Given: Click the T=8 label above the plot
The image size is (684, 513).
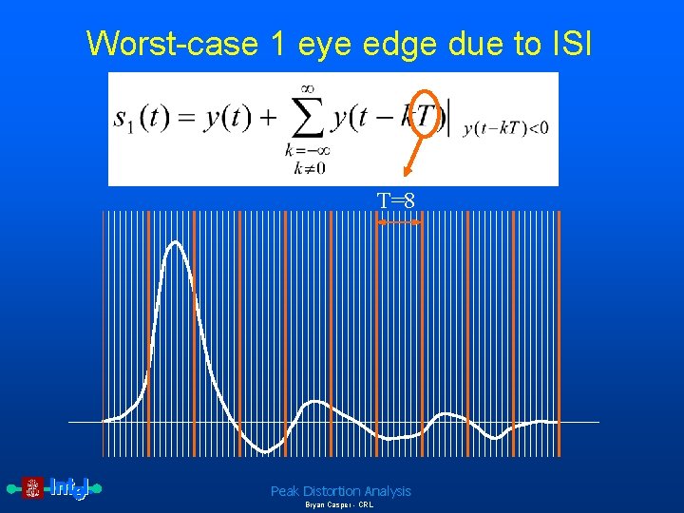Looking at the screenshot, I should point(395,200).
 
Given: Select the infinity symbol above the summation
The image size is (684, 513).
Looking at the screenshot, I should point(304,87).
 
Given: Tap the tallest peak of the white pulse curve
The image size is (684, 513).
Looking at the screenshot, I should point(175,243).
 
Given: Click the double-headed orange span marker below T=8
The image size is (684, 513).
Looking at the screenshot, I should point(398,221).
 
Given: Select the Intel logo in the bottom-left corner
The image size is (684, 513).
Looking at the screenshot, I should point(55,488).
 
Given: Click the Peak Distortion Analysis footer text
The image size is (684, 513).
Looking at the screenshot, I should point(341,491).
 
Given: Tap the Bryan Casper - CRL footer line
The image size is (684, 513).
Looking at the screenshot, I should point(339,505).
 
